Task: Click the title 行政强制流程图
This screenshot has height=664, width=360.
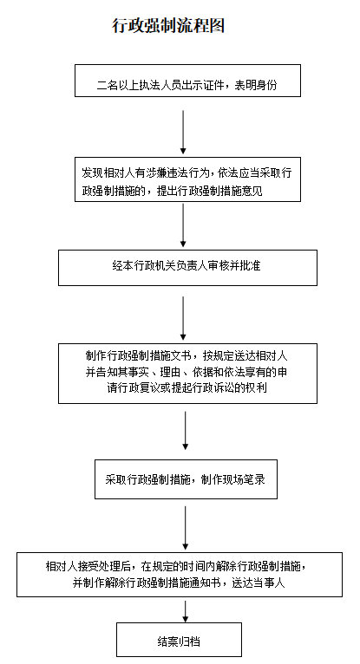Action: pyautogui.click(x=168, y=26)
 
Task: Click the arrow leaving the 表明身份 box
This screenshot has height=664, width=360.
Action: pyautogui.click(x=183, y=132)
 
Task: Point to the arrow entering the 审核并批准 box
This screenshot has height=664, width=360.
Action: pyautogui.click(x=183, y=225)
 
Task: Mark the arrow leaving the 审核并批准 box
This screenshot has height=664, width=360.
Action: pyautogui.click(x=183, y=318)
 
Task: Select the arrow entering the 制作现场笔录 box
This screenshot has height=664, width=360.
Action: pyautogui.click(x=185, y=430)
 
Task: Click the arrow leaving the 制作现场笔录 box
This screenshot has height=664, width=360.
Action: pyautogui.click(x=185, y=528)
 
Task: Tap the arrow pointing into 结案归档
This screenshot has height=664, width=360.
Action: pyautogui.click(x=185, y=611)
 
